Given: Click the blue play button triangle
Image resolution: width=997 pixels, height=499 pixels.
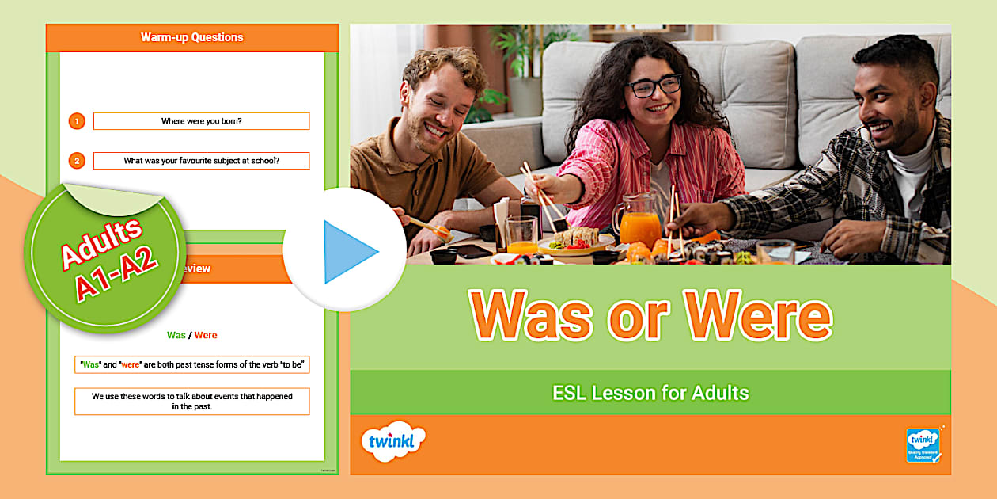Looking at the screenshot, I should (x=349, y=252).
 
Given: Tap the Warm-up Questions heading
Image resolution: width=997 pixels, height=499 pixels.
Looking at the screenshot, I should (x=191, y=37).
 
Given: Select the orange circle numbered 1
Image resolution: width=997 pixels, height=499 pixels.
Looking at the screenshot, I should (x=77, y=121).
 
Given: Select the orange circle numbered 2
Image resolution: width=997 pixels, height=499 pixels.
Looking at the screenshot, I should (x=77, y=161).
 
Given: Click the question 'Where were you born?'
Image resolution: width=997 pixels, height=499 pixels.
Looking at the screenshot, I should (x=201, y=121).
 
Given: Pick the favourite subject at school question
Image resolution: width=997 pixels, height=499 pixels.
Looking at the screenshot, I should (x=201, y=161).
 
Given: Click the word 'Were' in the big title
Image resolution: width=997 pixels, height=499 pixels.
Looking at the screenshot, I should (x=758, y=317).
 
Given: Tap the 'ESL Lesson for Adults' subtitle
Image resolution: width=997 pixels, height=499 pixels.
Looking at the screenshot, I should (x=650, y=392).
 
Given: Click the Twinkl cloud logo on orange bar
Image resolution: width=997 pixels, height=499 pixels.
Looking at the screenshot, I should (x=392, y=442).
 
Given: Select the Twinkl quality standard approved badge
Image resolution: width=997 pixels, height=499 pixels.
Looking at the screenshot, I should (x=923, y=445).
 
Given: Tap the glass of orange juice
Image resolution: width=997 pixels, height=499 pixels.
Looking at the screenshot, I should (x=522, y=236).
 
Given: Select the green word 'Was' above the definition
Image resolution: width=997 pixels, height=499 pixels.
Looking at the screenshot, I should (x=176, y=335).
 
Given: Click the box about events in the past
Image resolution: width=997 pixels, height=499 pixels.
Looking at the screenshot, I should (x=192, y=401).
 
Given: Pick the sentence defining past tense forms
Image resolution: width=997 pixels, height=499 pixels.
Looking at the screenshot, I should (x=192, y=364).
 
